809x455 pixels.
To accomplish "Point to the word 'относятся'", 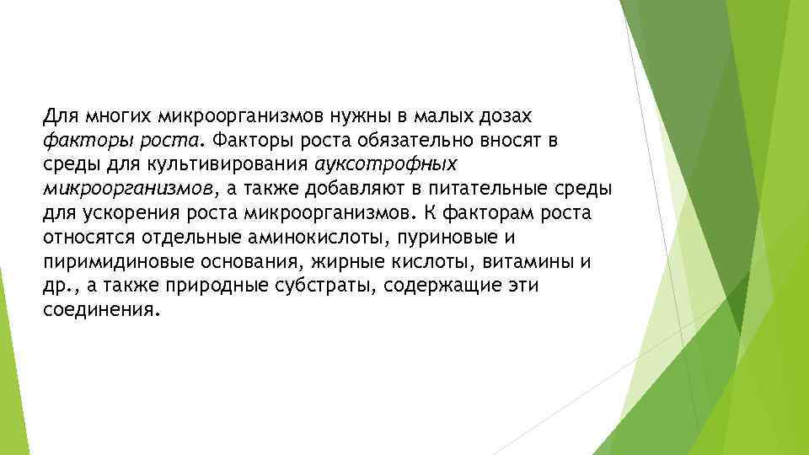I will point(79,237).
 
